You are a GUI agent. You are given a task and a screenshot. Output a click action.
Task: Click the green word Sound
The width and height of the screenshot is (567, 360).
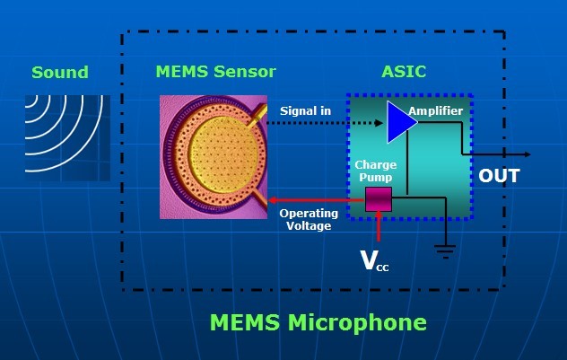[x=60, y=73]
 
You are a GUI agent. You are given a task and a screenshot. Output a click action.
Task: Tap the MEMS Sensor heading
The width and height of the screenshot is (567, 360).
[x=216, y=72]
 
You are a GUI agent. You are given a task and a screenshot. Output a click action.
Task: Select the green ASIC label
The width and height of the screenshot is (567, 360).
[x=404, y=72]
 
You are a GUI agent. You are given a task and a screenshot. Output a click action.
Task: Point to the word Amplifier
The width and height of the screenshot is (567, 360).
[x=436, y=110]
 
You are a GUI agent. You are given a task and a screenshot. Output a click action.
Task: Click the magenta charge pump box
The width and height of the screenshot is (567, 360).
[x=379, y=199]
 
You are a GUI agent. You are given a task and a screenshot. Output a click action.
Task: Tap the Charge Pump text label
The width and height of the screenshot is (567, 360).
[x=376, y=171]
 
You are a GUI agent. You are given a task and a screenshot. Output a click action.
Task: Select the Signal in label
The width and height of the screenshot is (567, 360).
[x=306, y=110]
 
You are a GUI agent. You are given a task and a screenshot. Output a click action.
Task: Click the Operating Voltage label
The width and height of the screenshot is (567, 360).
[x=309, y=220]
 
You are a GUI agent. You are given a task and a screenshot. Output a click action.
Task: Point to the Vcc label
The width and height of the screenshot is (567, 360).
[x=375, y=261]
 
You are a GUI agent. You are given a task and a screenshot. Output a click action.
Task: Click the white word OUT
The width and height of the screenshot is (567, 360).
[x=499, y=176]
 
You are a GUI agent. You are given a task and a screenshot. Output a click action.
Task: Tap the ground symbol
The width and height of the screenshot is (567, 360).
[x=446, y=251]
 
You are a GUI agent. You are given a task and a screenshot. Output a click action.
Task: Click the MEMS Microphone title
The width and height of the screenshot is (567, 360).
[x=318, y=322]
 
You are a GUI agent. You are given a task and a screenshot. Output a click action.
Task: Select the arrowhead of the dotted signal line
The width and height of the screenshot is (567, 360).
[x=379, y=123]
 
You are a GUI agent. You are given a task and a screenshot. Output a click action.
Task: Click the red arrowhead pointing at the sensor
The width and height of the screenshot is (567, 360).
[x=273, y=200]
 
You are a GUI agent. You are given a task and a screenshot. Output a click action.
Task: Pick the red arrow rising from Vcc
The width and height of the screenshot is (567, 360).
[x=379, y=226]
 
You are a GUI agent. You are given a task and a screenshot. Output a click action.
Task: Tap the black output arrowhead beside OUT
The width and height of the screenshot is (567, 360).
[x=528, y=154]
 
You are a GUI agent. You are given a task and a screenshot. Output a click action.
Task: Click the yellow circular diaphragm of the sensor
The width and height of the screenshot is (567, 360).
[x=221, y=154]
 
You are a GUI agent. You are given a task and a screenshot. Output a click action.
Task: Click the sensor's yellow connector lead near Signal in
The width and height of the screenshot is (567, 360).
[x=257, y=116]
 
